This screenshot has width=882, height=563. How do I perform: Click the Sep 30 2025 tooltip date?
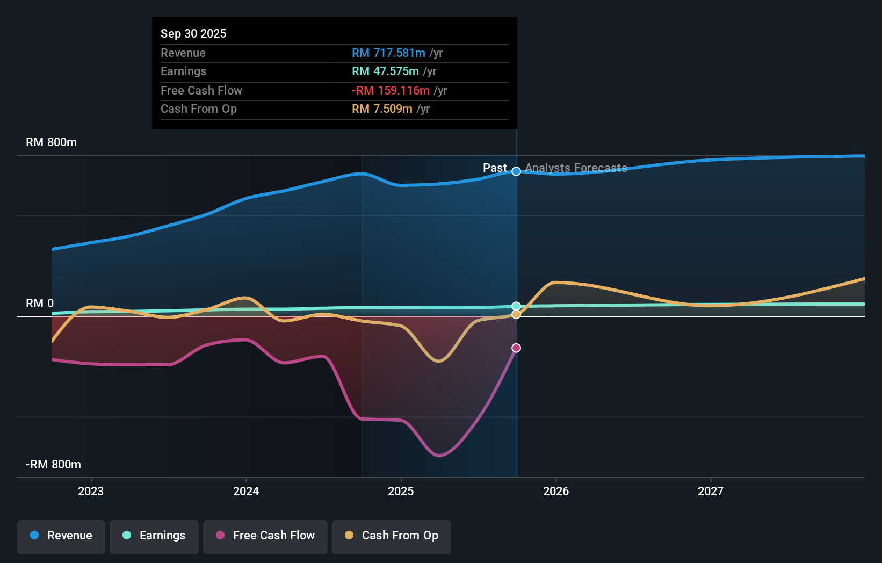pos(193,33)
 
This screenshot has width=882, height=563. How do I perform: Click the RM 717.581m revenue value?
pos(388,53)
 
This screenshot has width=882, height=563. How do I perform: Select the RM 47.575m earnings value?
pos(385,71)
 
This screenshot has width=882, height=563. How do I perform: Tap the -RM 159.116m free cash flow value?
pos(391,90)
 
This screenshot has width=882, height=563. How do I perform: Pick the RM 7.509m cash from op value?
pos(382,109)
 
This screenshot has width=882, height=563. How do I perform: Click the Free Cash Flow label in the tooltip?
pos(201,90)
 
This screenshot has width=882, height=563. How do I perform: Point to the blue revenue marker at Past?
pos(516,171)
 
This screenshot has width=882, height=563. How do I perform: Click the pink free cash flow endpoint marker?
pos(516,348)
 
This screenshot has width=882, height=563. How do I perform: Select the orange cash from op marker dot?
pos(516,314)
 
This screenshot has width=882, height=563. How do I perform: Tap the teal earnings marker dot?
pos(516,306)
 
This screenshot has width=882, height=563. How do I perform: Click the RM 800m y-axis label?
pos(52,142)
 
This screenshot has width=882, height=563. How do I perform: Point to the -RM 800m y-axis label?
pos(54,464)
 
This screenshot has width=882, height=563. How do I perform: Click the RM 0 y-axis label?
pos(40,303)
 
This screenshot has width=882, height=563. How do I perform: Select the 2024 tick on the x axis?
pos(246,491)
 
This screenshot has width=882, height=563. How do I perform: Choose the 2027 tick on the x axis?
pos(710,491)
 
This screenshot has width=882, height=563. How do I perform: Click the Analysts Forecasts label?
pos(576,168)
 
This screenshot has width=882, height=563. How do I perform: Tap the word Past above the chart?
pos(495,168)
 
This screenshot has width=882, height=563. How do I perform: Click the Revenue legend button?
pos(61,536)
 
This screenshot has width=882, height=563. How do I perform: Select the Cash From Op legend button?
pos(392,536)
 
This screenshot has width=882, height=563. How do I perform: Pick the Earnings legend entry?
pos(154,536)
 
